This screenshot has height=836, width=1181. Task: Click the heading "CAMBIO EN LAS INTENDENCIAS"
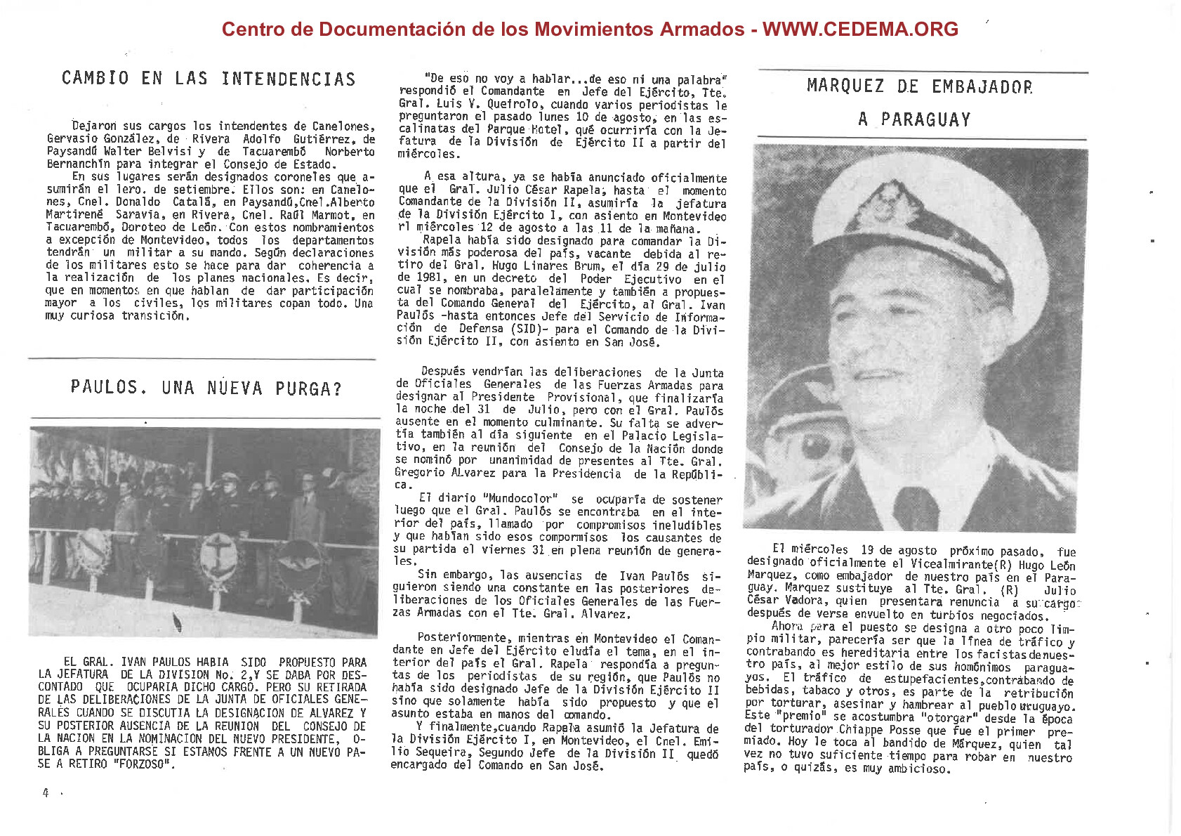(209, 78)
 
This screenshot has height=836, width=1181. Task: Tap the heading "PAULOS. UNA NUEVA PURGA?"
(206, 388)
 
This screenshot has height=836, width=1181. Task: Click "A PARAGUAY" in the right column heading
(914, 119)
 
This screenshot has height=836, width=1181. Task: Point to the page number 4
(46, 793)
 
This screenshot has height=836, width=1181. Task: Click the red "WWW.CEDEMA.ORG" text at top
(860, 29)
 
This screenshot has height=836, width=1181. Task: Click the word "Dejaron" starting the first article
(94, 126)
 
